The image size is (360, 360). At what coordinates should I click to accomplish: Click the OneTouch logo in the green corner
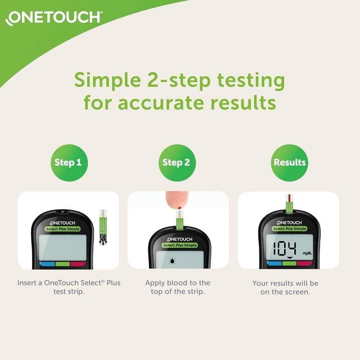coord(53,18)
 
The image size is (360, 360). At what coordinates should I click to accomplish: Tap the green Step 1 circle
coord(69,163)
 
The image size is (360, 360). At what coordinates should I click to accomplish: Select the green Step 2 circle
coord(177,163)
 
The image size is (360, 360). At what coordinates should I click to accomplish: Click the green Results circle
coord(290,163)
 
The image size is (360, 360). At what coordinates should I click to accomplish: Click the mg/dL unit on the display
coord(307,253)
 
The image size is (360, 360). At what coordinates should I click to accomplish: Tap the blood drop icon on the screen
coord(172,261)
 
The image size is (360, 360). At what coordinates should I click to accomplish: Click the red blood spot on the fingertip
coord(180,208)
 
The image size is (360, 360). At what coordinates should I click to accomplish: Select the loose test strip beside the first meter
coord(103,227)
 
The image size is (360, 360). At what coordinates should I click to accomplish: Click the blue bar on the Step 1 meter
coord(47,264)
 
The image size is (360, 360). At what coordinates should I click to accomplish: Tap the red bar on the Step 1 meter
coord(78,264)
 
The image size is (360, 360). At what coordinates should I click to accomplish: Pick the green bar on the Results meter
coord(290,263)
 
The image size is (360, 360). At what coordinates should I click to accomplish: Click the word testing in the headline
coord(251,81)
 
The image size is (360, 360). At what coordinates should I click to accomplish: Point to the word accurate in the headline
coord(161,103)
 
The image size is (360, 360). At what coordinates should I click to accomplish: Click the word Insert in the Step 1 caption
coord(28,282)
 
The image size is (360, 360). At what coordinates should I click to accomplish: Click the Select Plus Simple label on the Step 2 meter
coord(180,245)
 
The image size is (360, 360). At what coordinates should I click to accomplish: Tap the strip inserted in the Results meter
coord(290,204)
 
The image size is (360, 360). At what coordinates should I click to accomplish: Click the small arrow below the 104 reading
coord(290,258)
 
